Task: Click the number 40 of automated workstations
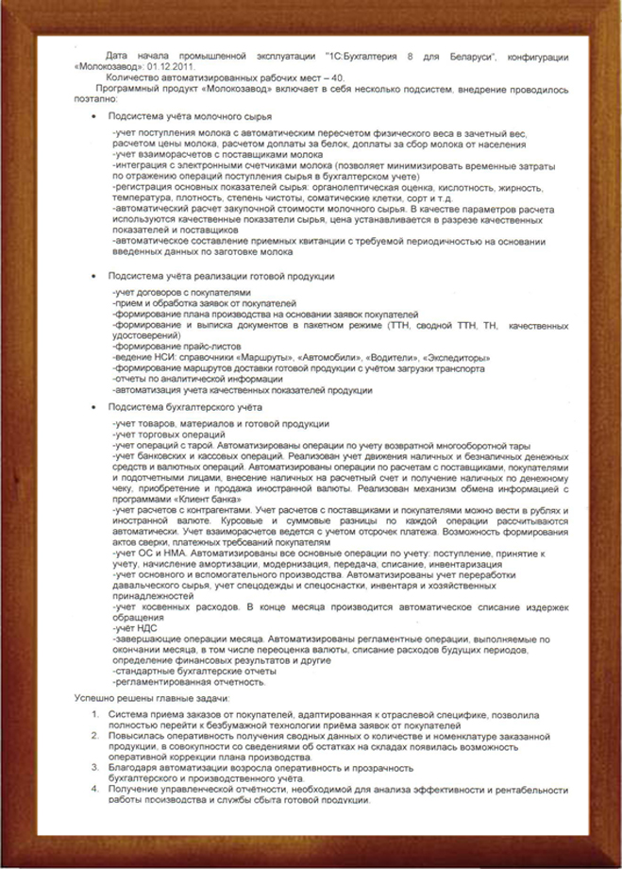[330, 79]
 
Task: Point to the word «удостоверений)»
[142, 336]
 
